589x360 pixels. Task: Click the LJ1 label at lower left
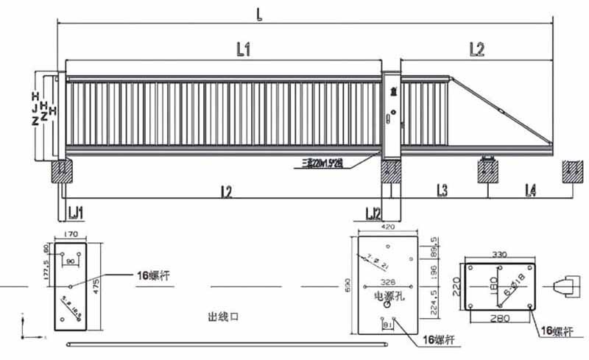click(x=76, y=213)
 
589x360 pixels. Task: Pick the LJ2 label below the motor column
click(x=374, y=213)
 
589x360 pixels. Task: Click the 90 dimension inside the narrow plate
click(x=71, y=261)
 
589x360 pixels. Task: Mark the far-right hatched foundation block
click(x=572, y=172)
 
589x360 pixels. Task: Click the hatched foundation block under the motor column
click(x=391, y=172)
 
